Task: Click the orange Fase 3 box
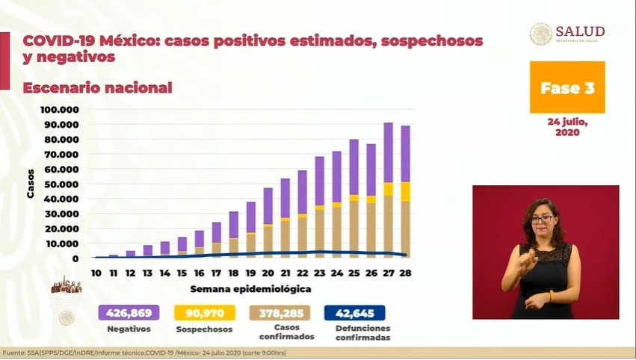click(567, 87)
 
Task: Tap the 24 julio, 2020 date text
click(567, 127)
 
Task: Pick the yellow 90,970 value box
click(204, 313)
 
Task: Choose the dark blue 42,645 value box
click(355, 313)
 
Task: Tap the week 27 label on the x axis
click(388, 273)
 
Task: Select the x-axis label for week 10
click(96, 273)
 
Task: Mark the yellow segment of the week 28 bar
click(404, 191)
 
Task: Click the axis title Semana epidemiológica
click(250, 288)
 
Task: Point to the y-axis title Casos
click(31, 184)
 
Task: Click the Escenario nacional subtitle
click(97, 88)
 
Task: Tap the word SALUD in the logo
click(580, 31)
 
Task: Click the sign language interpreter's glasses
click(543, 219)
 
